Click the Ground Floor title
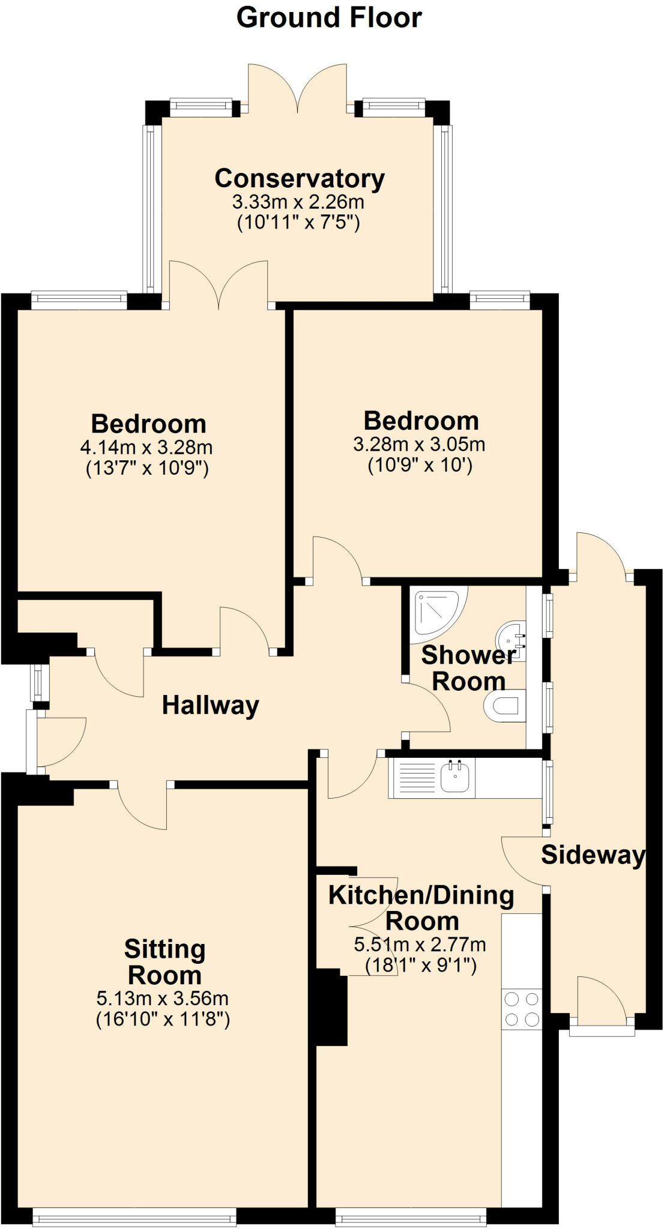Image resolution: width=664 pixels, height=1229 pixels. [329, 18]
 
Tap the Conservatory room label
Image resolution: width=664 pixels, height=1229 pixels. [300, 178]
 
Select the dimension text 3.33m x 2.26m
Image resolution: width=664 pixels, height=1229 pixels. [298, 202]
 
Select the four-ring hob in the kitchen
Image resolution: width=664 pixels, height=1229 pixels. [521, 1009]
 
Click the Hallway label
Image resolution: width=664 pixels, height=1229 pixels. [210, 705]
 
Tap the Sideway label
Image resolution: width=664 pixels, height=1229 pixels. [593, 855]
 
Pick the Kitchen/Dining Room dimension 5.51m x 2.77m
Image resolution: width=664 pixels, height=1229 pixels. [420, 945]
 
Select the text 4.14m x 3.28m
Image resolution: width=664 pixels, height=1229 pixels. [146, 447]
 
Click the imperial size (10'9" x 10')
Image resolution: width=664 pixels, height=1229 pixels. [420, 465]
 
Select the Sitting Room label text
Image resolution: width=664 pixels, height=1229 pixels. [164, 962]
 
